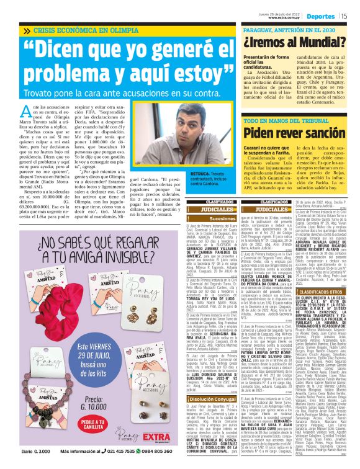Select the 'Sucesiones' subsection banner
(205, 218)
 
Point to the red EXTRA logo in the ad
(156, 437)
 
